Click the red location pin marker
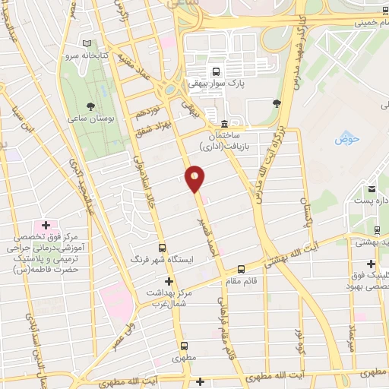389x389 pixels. [x=195, y=178]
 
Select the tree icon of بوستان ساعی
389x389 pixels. [x=92, y=106]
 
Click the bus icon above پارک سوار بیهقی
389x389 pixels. [x=217, y=72]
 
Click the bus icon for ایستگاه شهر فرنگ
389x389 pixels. [x=162, y=248]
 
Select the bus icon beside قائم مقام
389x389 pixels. [x=241, y=268]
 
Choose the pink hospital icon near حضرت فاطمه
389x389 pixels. [x=46, y=226]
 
